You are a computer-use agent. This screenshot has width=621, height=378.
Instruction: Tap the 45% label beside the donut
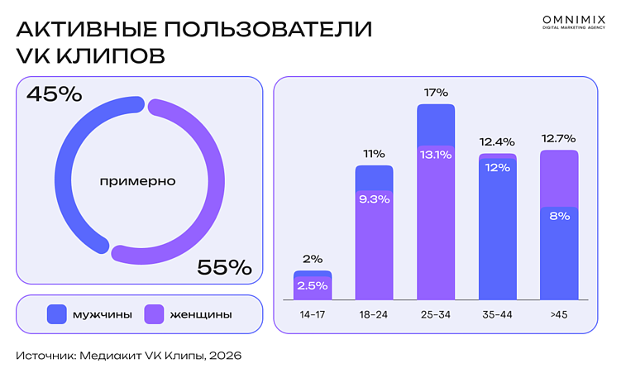pos(55,94)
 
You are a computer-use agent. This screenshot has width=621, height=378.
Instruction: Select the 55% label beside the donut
pos(223,267)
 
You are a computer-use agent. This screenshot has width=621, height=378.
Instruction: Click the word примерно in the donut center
pos(137,180)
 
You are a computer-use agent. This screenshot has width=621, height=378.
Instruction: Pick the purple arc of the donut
pos(207,182)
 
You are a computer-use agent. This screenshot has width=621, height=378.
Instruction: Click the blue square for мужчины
pos(57,314)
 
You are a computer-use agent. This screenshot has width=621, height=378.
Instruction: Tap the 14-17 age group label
pos(313,315)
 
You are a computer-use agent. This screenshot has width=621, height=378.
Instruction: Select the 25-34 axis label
pos(436,315)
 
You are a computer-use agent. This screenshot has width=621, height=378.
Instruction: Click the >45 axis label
pos(558,315)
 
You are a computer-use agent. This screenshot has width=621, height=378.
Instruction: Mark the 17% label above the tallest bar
pos(436,93)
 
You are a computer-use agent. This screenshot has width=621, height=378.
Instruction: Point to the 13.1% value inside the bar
pos(436,154)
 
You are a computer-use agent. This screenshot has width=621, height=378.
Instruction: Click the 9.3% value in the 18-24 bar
pos(375,199)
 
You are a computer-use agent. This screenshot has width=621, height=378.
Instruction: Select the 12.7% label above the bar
pos(558,138)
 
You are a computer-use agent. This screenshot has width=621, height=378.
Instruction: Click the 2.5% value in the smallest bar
pos(313,286)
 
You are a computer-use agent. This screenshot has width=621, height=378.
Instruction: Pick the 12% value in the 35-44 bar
pos(497,168)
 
